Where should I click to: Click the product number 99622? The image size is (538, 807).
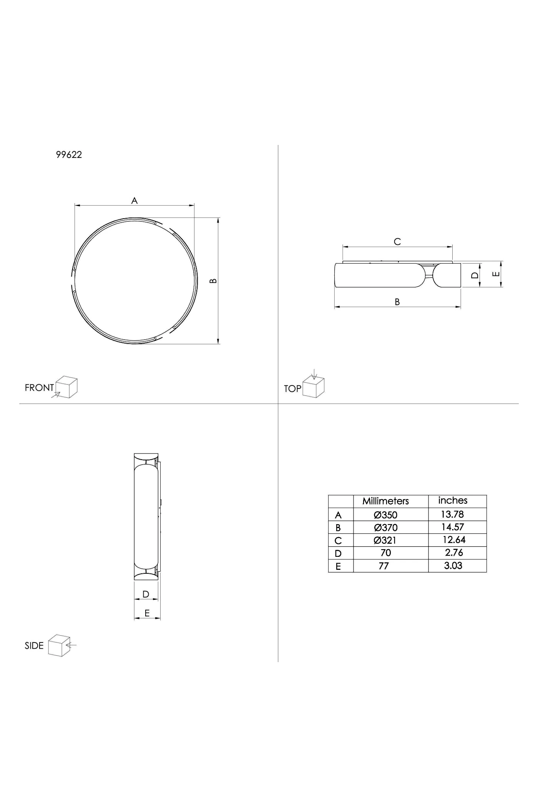(69, 154)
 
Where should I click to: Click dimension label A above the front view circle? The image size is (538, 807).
(134, 200)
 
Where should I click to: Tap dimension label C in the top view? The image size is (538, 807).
(397, 241)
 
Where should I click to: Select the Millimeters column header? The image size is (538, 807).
(385, 501)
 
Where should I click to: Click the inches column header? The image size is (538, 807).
(453, 500)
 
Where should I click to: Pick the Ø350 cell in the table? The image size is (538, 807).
(385, 515)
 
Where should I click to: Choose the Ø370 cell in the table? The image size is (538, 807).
(385, 528)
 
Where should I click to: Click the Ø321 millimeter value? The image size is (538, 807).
(385, 540)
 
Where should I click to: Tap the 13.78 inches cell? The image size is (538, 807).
(452, 514)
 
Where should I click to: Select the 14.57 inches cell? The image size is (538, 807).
(453, 527)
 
